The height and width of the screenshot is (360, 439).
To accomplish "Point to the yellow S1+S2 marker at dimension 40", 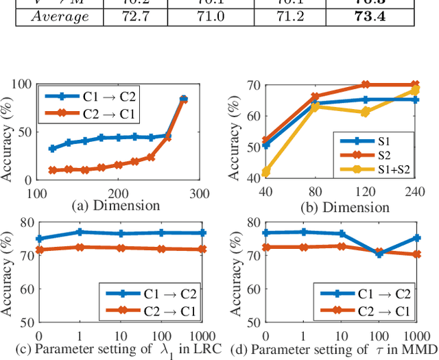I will [x=265, y=171].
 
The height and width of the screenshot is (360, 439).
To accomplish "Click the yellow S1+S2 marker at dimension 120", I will [x=366, y=112].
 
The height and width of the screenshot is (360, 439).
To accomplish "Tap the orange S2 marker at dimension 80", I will [x=316, y=97].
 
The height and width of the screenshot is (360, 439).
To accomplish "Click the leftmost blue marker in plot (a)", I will [x=52, y=148].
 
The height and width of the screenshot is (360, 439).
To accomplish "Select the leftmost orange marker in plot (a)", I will [x=52, y=170].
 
